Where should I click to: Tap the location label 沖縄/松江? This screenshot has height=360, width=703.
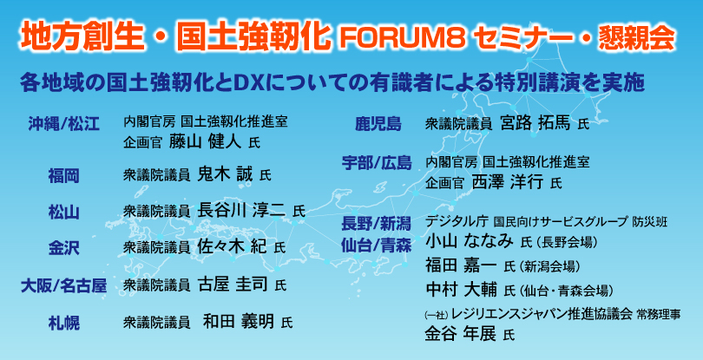[63, 124]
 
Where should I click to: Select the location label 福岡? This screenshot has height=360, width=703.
[63, 176]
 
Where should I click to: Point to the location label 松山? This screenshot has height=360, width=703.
[63, 212]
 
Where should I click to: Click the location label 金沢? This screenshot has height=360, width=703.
[63, 248]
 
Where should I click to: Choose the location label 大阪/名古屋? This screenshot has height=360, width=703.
[63, 286]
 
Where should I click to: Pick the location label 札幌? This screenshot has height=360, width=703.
[63, 323]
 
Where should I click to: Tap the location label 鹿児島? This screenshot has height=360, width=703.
[378, 124]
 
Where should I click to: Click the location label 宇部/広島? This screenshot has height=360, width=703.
[377, 164]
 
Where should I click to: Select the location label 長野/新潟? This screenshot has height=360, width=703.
[377, 222]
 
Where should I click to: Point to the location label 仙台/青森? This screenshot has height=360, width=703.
[377, 245]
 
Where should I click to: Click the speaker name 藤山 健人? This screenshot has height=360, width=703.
[207, 141]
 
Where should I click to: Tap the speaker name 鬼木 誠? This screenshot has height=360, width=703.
[225, 173]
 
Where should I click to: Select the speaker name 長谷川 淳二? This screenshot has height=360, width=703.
[242, 209]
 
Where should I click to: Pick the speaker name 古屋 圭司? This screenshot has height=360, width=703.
[233, 284]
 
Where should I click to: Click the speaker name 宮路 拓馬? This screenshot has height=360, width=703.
[535, 122]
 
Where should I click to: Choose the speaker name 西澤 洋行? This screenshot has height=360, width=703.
[508, 181]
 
